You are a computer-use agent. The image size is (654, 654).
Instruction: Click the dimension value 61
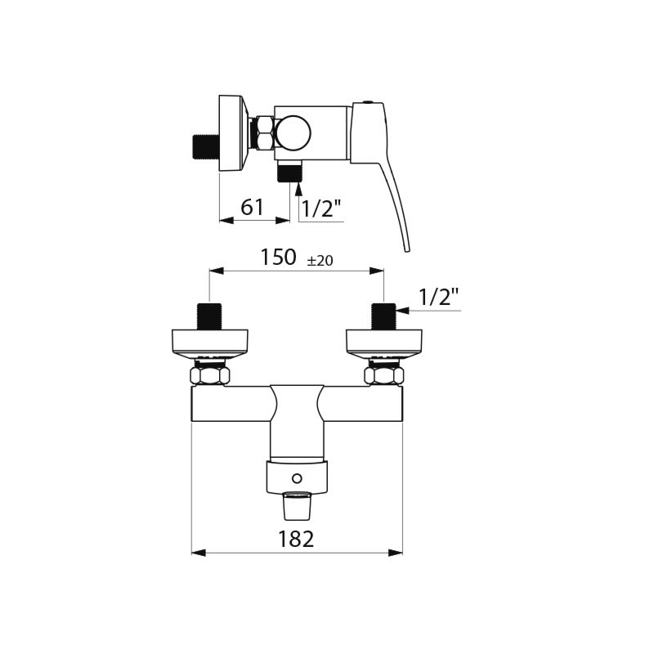pos(253,208)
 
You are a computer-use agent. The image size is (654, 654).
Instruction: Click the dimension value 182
pos(296,539)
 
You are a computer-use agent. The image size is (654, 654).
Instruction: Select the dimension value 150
pos(278,258)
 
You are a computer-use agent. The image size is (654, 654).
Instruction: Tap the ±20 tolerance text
pos(320,261)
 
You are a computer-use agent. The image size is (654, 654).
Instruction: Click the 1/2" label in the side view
pos(321,208)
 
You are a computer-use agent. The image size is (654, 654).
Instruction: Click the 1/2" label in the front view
pos(439,297)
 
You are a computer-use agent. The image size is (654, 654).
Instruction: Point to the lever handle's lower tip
pos(406,247)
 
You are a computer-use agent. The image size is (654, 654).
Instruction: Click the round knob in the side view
pos(293,132)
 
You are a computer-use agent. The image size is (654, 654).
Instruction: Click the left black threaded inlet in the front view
pos(209,316)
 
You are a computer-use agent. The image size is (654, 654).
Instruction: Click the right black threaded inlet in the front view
pos(383,316)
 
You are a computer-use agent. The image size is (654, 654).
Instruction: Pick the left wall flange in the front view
pos(209,342)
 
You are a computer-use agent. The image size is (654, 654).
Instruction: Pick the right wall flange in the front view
pos(384,342)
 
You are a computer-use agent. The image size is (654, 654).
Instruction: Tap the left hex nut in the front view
pos(210,375)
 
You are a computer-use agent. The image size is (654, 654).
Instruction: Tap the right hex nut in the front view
pos(384,375)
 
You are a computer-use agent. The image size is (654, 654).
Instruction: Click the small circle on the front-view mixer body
pos(297,478)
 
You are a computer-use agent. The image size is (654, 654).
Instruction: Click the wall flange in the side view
pos(233,133)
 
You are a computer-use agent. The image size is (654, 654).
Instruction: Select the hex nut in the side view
pos(262,133)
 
